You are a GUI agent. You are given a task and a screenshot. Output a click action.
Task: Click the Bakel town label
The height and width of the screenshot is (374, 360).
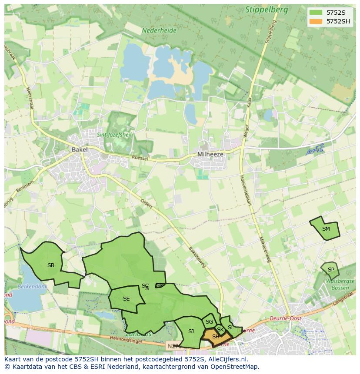coord(80,149)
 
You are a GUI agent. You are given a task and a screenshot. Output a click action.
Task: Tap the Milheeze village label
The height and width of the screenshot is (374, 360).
coord(210,154)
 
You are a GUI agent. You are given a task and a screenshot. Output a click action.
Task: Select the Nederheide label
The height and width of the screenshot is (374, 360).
coord(159,31)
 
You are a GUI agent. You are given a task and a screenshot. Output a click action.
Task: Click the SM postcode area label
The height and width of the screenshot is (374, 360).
coord(326,229)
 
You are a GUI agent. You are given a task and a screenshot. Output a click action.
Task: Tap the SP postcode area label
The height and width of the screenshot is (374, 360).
coord(331,270)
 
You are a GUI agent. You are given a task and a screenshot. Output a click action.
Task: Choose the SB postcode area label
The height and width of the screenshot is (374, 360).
coord(51,265)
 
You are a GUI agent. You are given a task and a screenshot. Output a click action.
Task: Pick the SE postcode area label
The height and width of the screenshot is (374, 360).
coord(126,299)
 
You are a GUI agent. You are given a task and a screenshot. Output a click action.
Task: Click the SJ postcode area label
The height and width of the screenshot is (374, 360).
coord(191,331)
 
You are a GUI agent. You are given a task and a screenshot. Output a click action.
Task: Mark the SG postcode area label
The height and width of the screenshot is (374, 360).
coord(210,322)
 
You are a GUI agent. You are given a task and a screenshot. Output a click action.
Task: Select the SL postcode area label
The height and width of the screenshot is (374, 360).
coord(231,328)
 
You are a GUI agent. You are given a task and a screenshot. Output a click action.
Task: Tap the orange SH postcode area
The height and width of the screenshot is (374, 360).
coord(216,337)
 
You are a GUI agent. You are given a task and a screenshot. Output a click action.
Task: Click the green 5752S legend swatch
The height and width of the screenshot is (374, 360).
coord(316,13)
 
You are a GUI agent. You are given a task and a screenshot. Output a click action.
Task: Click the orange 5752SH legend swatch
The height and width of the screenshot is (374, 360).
coord(316,21)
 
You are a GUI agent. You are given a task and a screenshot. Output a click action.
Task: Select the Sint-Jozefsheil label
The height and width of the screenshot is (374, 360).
coord(113,135)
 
